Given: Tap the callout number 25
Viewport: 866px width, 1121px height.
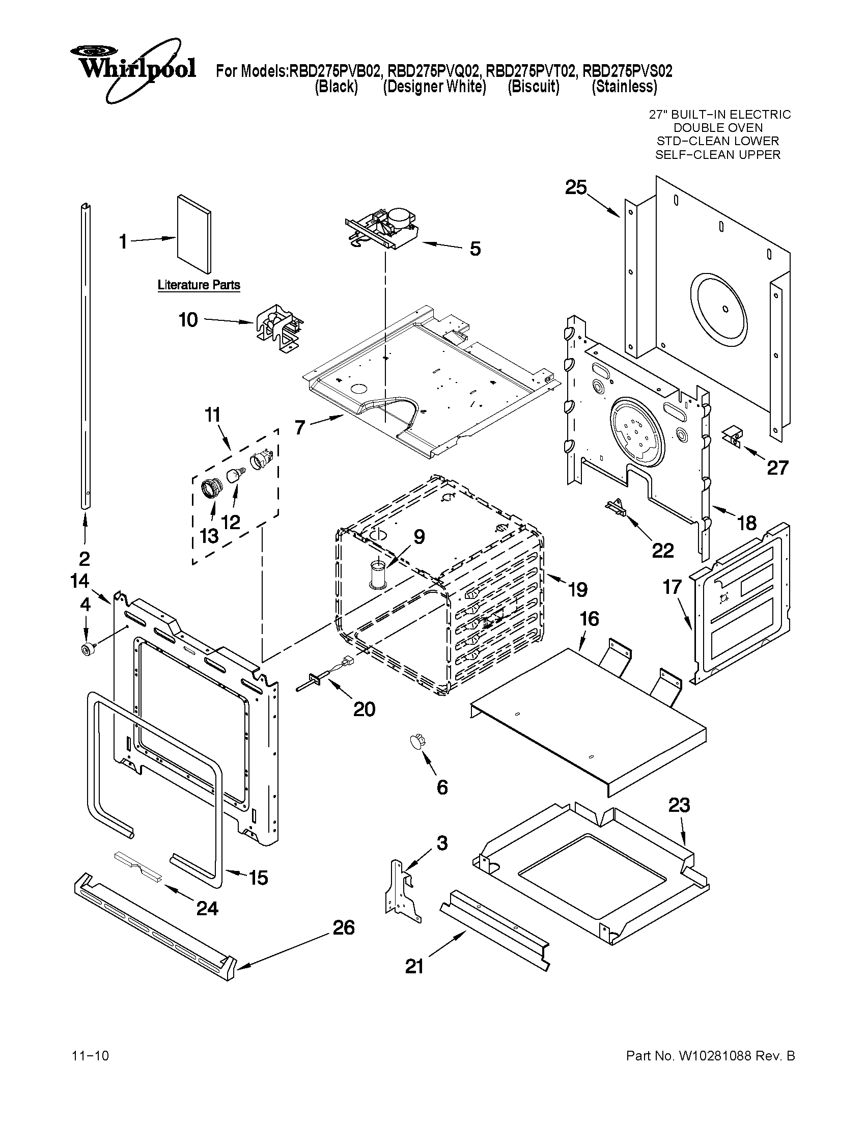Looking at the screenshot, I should click(576, 188).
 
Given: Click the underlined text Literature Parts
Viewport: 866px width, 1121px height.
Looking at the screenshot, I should click(199, 285).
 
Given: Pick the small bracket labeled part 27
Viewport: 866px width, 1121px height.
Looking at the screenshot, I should click(733, 435).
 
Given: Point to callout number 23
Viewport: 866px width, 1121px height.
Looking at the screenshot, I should click(679, 805).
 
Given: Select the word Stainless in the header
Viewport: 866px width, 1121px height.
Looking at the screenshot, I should click(624, 87).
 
